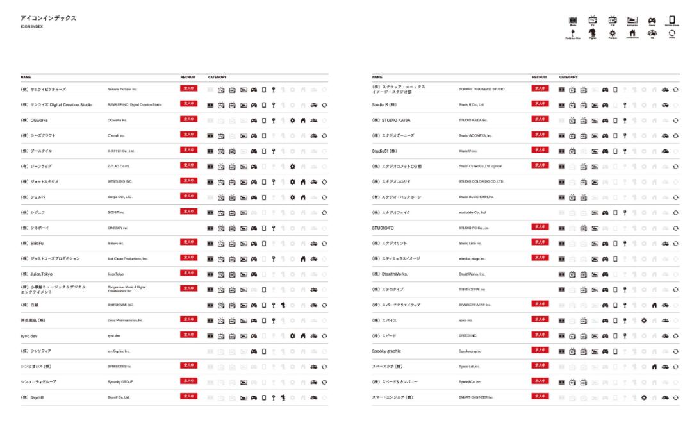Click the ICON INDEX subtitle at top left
point(31,26)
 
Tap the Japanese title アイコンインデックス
point(48,18)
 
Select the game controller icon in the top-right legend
point(652,21)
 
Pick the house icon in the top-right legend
point(632,33)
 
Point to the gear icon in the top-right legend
point(612,33)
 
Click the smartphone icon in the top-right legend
point(672,21)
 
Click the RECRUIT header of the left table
point(188,77)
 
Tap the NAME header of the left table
point(26,77)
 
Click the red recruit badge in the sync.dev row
point(188,335)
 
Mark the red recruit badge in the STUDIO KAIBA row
point(540,119)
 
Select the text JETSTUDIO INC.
point(120,181)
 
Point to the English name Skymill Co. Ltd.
point(119,397)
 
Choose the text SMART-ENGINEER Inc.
point(476,397)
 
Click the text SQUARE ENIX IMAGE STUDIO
point(481,89)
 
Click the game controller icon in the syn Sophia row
point(254,351)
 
